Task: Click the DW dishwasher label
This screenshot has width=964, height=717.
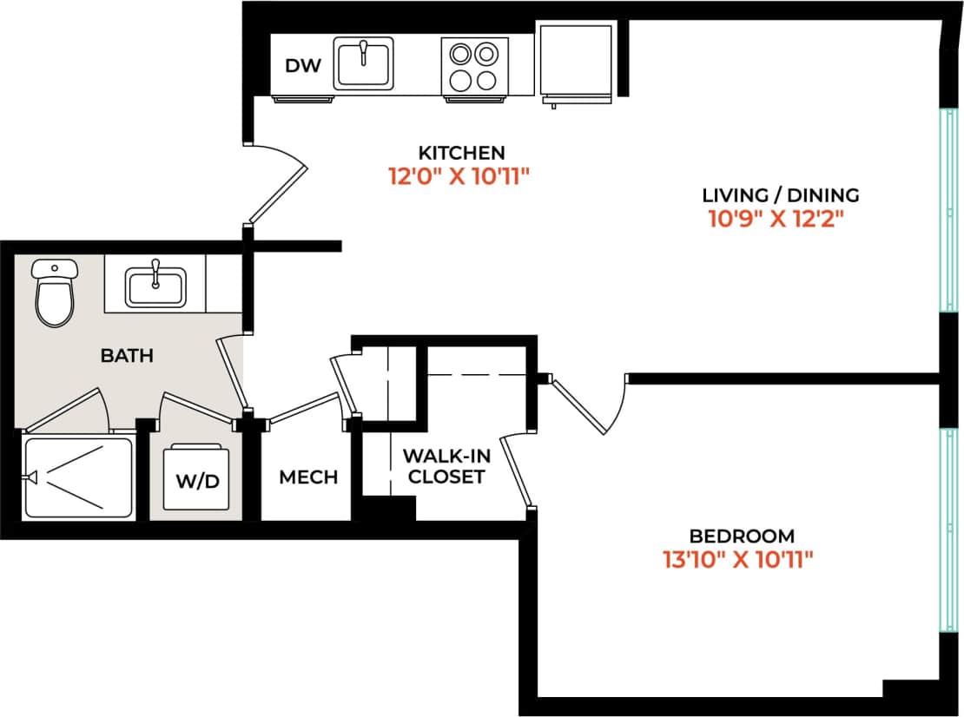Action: tap(303, 66)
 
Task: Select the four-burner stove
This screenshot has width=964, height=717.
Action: tap(473, 66)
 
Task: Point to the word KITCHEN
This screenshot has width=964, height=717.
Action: tap(460, 152)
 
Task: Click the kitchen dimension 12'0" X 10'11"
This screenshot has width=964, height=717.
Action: tap(459, 177)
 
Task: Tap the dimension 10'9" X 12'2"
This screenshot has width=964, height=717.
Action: tap(776, 219)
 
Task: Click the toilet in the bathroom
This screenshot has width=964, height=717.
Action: tap(56, 293)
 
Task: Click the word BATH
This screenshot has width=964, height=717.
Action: tap(127, 355)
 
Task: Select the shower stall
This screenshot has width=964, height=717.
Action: tap(78, 478)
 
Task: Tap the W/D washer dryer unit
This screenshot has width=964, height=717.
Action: tap(199, 478)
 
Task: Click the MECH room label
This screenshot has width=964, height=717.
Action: tap(308, 478)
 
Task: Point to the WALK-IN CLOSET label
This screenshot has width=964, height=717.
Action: tap(443, 466)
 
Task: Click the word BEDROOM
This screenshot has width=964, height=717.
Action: tap(742, 536)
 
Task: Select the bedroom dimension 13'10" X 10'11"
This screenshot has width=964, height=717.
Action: tap(736, 561)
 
